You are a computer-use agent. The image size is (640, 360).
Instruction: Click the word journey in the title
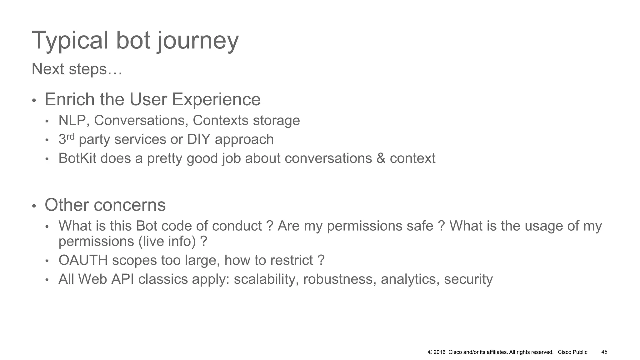(x=198, y=41)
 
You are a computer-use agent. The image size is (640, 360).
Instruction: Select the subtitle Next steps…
(x=77, y=69)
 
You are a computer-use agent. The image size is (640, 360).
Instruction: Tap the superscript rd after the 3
(x=70, y=137)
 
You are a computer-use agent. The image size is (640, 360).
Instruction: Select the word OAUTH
(x=83, y=260)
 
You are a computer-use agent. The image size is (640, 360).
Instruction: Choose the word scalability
(x=266, y=279)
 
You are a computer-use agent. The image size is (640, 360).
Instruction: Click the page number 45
(x=604, y=352)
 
